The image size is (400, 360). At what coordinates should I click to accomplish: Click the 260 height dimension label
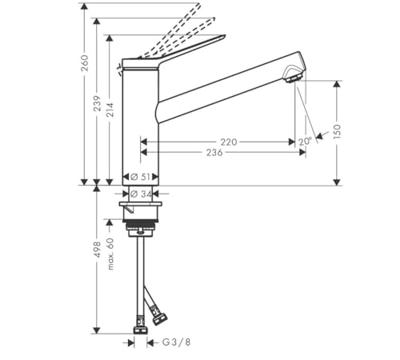85,63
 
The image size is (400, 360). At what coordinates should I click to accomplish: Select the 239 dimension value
97,104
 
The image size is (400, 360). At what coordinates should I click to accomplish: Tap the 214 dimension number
110,110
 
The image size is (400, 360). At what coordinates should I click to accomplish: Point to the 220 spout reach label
229,142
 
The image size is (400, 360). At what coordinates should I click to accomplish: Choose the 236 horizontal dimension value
214,152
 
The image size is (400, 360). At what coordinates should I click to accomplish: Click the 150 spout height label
337,132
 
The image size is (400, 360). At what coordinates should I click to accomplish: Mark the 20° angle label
305,141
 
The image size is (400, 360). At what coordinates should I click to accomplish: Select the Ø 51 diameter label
140,177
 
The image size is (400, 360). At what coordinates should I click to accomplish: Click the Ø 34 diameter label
140,194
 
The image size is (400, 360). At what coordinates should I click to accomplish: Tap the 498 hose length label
97,249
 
